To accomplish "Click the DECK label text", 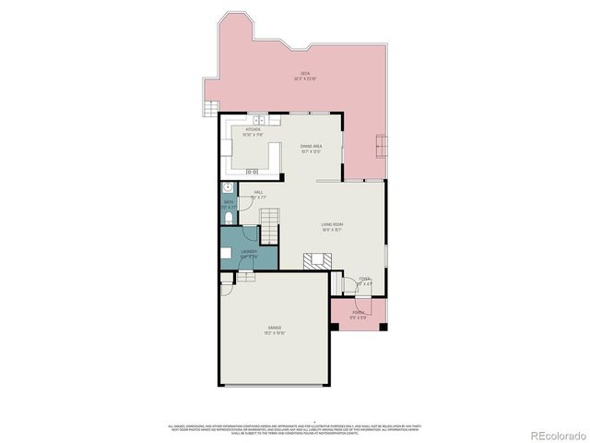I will click(x=304, y=74).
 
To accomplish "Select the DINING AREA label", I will click(x=311, y=146).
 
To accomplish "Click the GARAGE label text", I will click(x=275, y=327).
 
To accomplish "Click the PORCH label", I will click(x=358, y=313).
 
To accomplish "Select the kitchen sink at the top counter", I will click(x=260, y=121).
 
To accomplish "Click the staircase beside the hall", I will click(x=268, y=222).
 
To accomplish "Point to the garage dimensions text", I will click(x=275, y=332).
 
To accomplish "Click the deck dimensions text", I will click(x=304, y=79).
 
